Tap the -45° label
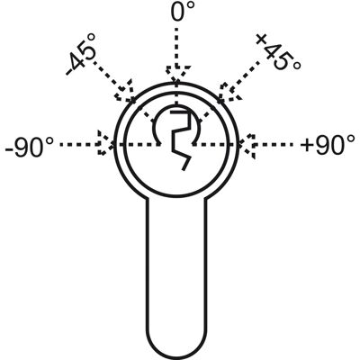[x=82, y=54]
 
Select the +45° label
[x=278, y=51]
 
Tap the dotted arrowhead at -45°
[x=124, y=91]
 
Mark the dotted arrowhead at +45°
[x=229, y=91]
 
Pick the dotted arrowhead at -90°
[x=105, y=143]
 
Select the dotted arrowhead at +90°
[x=247, y=145]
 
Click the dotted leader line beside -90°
[x=78, y=144]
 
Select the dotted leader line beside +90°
[x=274, y=145]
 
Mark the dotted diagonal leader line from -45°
[x=108, y=74]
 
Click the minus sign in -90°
[x=9, y=148]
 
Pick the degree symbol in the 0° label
[x=190, y=6]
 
